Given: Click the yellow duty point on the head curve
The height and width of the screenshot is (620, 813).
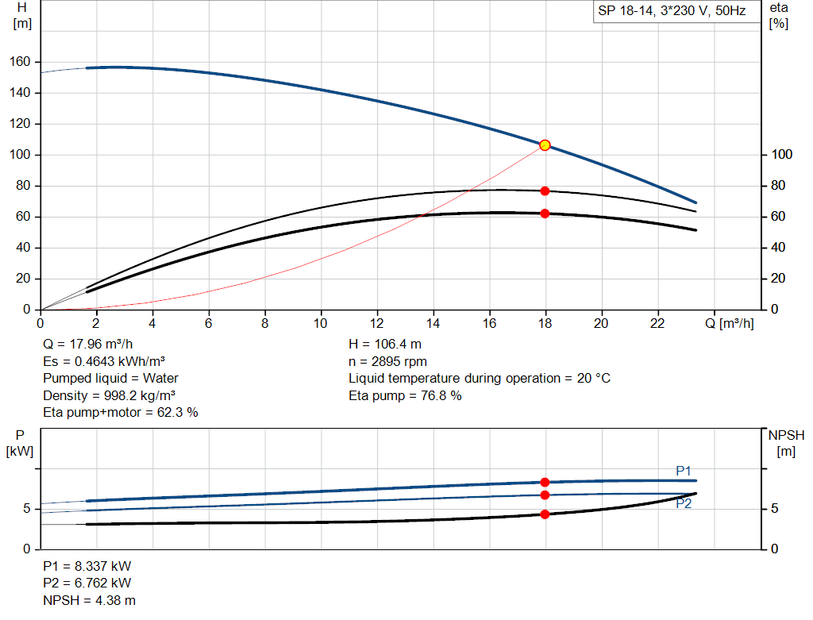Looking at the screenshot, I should (545, 145).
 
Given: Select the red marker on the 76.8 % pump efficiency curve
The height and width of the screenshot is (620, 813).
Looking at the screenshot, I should (545, 191).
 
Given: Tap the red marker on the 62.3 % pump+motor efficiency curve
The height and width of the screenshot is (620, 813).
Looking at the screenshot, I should (545, 214).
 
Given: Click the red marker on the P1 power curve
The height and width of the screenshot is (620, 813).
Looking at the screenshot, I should (545, 482).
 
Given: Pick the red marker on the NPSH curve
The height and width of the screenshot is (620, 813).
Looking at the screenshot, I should (545, 514).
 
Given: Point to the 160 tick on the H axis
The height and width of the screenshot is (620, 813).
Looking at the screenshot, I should (22, 62).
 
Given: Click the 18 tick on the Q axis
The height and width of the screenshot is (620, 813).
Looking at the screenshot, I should (545, 323).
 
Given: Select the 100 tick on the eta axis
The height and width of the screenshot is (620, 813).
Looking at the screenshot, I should (780, 155).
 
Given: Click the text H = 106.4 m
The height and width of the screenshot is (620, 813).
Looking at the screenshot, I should (386, 345).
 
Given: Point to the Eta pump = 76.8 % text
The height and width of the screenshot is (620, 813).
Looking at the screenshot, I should (405, 395).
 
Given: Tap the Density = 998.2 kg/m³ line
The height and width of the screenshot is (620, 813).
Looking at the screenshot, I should (110, 395).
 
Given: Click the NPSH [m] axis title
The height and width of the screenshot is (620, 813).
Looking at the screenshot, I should (786, 443).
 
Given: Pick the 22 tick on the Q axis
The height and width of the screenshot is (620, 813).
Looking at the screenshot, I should (657, 323).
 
